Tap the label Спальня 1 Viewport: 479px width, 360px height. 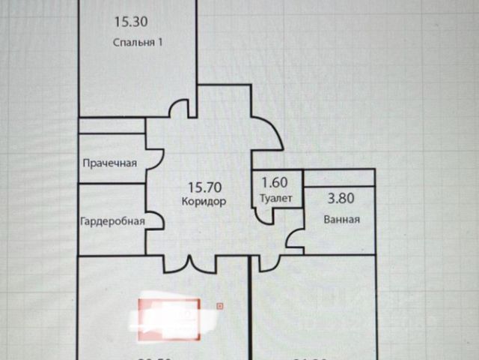coord(138,43)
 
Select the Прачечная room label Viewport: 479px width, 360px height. coord(109,163)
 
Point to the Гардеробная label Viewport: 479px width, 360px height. coord(112,222)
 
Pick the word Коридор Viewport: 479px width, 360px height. coord(204,201)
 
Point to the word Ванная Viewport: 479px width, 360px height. coord(342,220)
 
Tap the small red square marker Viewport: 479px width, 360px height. coord(219,306)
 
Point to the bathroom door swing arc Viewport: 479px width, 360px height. coord(294,240)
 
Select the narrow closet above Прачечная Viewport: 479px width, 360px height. coord(112,125)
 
